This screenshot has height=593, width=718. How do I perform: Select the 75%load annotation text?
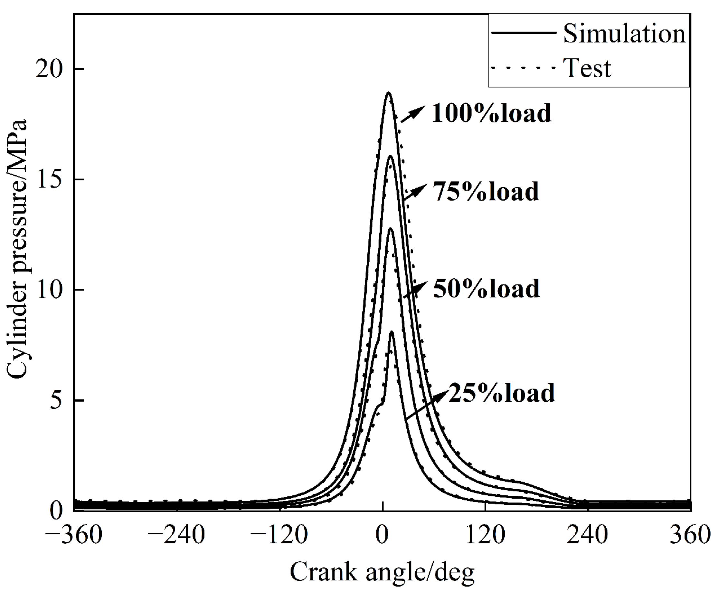point(486,191)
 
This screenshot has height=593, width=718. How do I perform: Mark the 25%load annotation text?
point(501,393)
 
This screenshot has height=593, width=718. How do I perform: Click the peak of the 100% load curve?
point(388,92)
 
